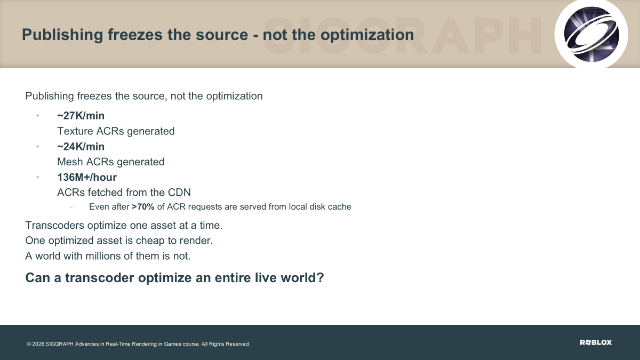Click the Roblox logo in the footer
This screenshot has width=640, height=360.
click(596, 342)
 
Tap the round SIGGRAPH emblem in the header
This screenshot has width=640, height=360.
click(591, 34)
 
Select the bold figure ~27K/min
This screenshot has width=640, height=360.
click(81, 116)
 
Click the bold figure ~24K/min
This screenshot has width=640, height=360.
click(81, 147)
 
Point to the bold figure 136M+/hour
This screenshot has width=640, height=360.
click(87, 178)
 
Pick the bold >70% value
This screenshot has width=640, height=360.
click(143, 206)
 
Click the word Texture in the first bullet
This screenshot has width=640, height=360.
click(75, 131)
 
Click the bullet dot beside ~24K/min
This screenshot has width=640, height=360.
click(38, 147)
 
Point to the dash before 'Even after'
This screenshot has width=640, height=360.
click(71, 207)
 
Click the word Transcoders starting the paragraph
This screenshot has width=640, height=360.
click(55, 226)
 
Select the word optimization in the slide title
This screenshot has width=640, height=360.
click(367, 35)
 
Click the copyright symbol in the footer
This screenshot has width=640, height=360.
click(29, 344)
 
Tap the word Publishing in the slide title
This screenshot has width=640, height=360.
click(62, 35)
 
